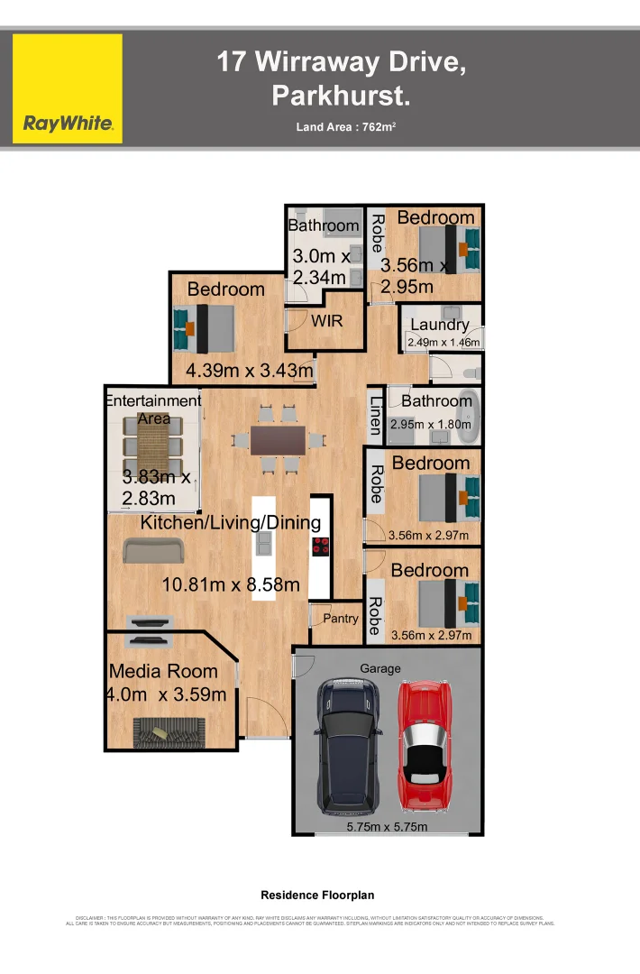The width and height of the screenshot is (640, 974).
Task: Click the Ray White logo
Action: point(68,88)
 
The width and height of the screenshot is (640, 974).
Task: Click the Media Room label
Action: point(163,671)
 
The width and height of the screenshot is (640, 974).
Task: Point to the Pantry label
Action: point(341,619)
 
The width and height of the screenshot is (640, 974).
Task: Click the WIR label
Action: point(326,320)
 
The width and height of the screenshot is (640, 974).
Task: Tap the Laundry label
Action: point(439,325)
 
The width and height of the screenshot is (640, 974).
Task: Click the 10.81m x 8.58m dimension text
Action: point(231,584)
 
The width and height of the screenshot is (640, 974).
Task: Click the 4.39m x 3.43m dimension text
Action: point(250,370)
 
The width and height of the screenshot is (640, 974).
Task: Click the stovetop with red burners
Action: point(321,547)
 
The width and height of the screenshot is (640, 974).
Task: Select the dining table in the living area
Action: point(278,440)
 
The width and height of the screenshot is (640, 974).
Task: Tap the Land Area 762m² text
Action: point(346,126)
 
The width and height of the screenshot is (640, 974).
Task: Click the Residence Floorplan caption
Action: point(317,896)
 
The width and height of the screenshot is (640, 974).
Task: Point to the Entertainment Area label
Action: point(153,409)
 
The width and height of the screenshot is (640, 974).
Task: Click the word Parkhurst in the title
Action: point(341,95)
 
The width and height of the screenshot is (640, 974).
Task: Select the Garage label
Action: point(380,669)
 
